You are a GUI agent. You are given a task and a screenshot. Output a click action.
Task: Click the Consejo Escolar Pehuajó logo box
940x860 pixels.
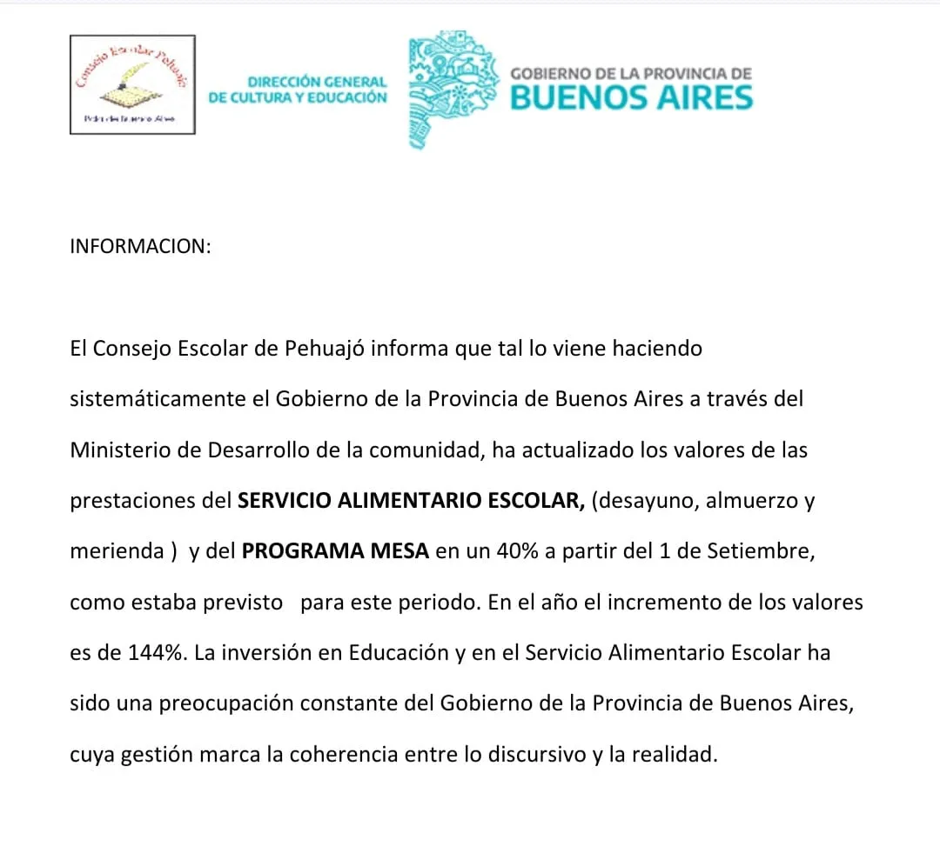point(132,84)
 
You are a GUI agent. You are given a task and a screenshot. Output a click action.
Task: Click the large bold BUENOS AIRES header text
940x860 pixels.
point(631,97)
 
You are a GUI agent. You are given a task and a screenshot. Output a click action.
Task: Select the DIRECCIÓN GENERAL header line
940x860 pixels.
point(317,82)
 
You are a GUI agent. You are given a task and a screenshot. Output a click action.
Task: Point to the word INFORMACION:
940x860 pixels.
point(140,246)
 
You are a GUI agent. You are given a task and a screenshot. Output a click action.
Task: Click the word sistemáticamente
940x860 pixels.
point(170,399)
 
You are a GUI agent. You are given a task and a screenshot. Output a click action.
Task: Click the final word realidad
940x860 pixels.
point(680,754)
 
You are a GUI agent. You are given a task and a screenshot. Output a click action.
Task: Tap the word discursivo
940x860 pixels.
point(537,754)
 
